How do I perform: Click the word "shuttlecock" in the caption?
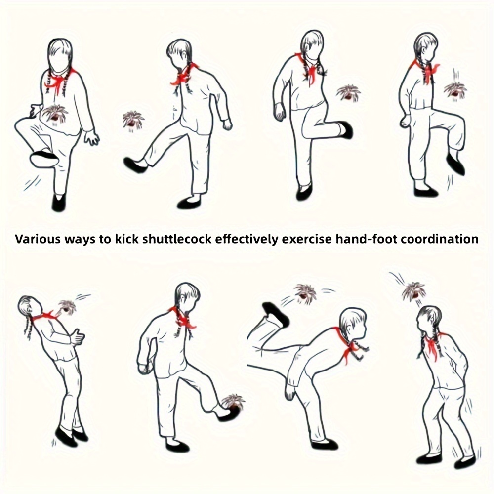(x=177, y=239)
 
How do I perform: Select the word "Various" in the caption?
(x=38, y=239)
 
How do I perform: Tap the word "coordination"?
(x=440, y=239)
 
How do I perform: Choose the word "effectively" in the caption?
(x=247, y=240)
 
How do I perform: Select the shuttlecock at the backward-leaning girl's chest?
(x=67, y=307)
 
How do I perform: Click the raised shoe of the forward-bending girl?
(x=276, y=314)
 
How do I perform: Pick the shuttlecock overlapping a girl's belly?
(x=55, y=114)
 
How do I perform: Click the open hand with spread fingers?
(x=92, y=138)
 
